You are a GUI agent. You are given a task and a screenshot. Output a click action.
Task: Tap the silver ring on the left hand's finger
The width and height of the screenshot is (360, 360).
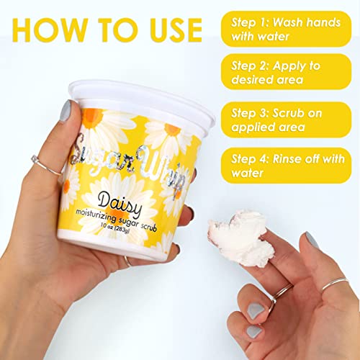click(36, 163)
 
